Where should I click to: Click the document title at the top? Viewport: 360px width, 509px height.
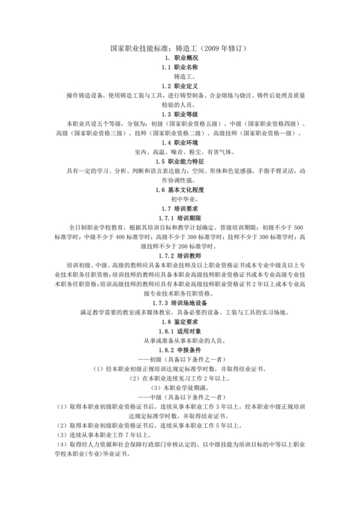coord(179,48)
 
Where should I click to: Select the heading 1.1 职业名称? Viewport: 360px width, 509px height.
coord(179,67)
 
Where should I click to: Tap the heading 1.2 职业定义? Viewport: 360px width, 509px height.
coord(179,85)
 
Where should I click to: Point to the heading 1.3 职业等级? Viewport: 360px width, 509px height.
coord(179,114)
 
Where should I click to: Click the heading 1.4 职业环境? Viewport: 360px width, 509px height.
coord(179,142)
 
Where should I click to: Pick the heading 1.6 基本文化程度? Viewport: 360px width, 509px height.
coord(179,190)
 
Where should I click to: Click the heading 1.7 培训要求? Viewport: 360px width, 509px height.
coord(179,209)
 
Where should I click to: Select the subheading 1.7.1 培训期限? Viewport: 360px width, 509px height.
coord(179,219)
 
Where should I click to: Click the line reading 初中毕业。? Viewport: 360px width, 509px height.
coord(179,199)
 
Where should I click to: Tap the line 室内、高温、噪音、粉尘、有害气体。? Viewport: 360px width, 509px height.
coord(179,152)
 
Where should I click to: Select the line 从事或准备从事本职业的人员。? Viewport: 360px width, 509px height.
coord(179,341)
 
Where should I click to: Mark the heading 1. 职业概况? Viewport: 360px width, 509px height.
coord(179,58)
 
